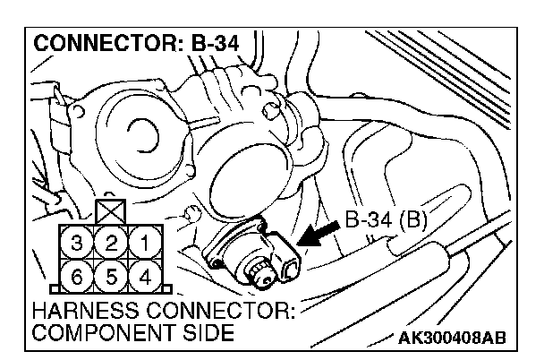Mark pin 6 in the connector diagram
coord(77,274)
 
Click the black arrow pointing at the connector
coord(318,235)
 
